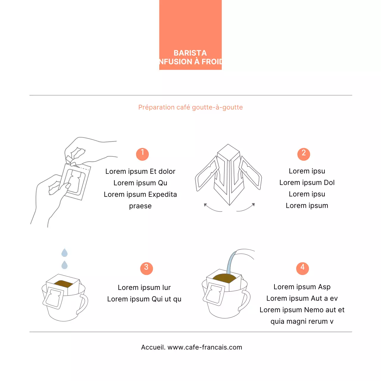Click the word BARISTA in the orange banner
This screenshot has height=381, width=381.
190,53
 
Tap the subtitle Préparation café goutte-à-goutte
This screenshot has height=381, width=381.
190,107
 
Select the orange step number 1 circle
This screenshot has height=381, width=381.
142,154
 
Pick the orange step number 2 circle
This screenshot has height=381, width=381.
304,154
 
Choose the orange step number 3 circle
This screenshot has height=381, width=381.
146,268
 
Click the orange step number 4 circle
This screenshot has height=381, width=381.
302,268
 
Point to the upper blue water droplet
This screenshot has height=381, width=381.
64,253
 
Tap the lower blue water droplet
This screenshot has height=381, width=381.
64,265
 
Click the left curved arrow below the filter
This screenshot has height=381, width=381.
212,208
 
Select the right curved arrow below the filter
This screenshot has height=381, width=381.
247,208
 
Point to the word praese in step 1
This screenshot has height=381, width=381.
140,206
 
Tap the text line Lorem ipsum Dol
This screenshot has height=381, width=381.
307,182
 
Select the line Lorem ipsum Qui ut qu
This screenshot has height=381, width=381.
144,299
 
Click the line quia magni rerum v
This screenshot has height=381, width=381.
302,321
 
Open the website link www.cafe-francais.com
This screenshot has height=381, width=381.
205,347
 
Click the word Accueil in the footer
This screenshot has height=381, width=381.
153,347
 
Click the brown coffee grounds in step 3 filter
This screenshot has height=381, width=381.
63,284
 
